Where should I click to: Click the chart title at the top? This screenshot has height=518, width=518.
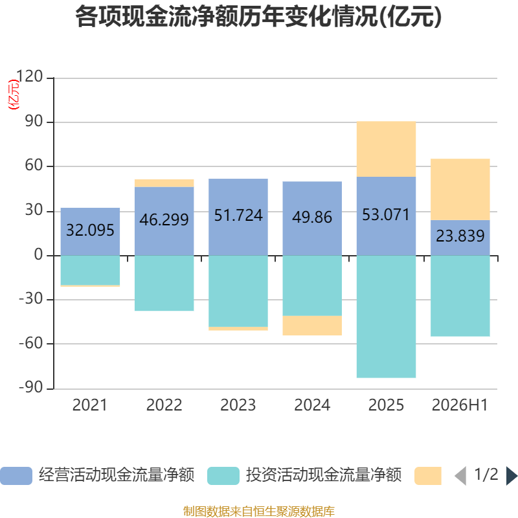(x=258, y=17)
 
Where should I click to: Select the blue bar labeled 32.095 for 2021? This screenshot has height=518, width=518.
(x=90, y=232)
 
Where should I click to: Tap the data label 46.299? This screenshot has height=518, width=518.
(x=164, y=220)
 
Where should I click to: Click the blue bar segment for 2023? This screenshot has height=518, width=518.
(x=238, y=217)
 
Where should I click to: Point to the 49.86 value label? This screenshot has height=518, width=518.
(x=312, y=218)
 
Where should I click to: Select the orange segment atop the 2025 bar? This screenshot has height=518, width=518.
(x=386, y=149)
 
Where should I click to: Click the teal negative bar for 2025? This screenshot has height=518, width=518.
(x=386, y=317)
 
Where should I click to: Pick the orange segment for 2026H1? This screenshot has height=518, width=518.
(x=460, y=189)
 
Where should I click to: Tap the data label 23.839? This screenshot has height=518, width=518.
(x=460, y=236)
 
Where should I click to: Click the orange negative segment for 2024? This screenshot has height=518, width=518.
(x=312, y=326)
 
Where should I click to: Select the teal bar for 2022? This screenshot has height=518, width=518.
(x=164, y=283)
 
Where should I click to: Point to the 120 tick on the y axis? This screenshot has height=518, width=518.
(x=29, y=76)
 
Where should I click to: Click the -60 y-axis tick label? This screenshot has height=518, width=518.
(x=31, y=343)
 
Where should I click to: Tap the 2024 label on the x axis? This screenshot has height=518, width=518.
(x=312, y=405)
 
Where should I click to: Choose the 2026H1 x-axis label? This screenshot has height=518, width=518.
(x=460, y=405)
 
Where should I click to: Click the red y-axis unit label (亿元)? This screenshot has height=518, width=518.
(x=14, y=95)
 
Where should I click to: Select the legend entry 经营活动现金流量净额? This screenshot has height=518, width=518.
(x=98, y=475)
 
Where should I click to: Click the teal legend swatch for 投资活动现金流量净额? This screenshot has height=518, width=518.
(x=223, y=476)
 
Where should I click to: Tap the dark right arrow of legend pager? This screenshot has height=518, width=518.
(x=512, y=476)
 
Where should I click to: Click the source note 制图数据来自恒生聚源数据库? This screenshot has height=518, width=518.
(x=259, y=511)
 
